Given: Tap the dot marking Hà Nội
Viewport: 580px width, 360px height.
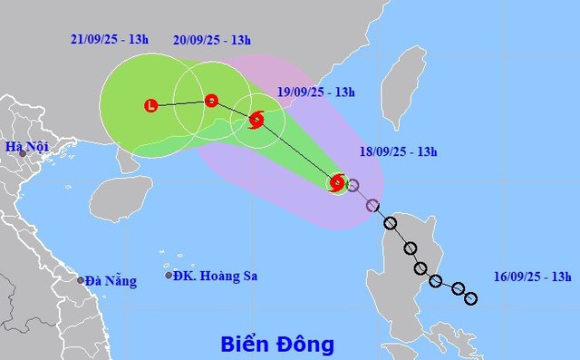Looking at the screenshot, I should click(23, 154).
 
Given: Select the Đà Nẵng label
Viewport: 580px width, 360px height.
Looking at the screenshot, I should click(111, 281).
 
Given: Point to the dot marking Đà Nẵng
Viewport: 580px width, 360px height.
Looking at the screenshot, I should click(81, 280).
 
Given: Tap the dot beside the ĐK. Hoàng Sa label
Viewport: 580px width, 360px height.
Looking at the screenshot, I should click(169, 276).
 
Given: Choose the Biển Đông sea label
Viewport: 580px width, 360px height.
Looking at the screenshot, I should click(277, 345).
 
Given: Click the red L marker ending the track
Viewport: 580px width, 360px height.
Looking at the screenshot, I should click(150, 106).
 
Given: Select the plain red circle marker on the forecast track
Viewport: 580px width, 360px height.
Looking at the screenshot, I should click(211, 101).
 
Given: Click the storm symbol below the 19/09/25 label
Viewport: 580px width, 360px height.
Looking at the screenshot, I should click(256, 119).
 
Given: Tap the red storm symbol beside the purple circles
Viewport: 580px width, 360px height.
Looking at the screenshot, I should click(337, 183).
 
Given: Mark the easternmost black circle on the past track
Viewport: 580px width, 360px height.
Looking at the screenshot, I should click(470, 297).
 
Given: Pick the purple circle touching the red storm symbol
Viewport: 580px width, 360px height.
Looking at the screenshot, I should click(353, 186).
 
